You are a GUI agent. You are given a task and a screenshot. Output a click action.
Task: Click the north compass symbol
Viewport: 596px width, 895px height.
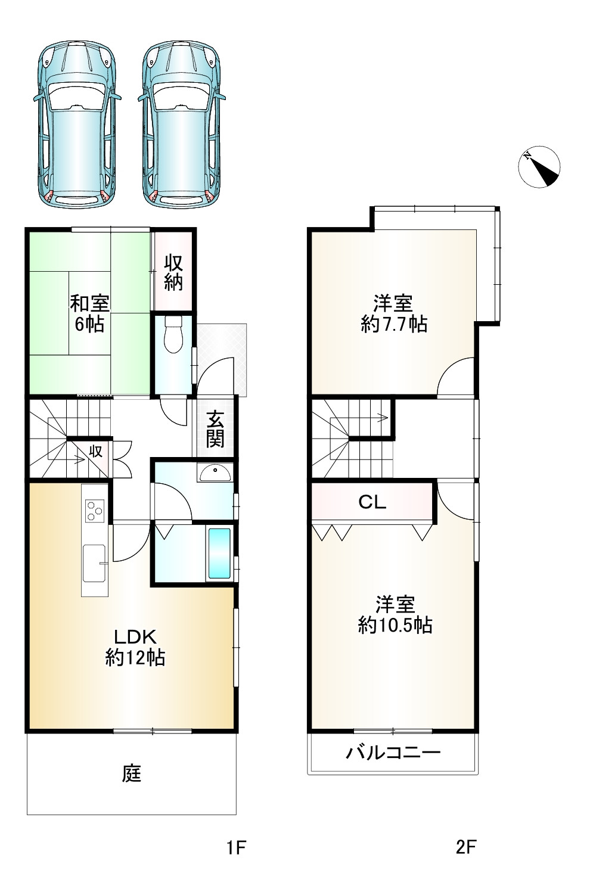pos(539,166)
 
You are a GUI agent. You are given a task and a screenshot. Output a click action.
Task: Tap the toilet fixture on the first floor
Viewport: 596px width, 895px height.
pos(173,334)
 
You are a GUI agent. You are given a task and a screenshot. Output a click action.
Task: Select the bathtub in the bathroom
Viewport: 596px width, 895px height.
pos(219,553)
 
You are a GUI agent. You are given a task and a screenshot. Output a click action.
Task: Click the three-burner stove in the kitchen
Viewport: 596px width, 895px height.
pos(95,511)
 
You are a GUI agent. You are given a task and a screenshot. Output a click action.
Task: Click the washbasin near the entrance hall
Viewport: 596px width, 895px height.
pos(214,473)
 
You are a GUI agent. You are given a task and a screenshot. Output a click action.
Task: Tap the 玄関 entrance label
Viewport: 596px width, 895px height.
pos(215,429)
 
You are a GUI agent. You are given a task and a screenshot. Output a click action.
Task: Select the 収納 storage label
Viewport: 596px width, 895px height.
pos(173,273)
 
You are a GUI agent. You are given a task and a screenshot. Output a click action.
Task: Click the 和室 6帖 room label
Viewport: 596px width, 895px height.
pos(90,313)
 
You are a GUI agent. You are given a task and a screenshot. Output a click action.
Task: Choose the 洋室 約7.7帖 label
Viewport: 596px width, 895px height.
pos(394,314)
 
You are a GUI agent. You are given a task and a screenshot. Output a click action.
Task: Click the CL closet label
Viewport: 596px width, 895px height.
pos(372,502)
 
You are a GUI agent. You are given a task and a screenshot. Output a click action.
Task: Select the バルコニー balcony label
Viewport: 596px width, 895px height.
pos(393,753)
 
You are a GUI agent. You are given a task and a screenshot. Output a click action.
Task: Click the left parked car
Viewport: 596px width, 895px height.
pos(77,125)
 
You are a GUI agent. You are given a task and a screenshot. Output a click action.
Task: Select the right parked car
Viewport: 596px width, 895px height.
pos(182,125)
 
